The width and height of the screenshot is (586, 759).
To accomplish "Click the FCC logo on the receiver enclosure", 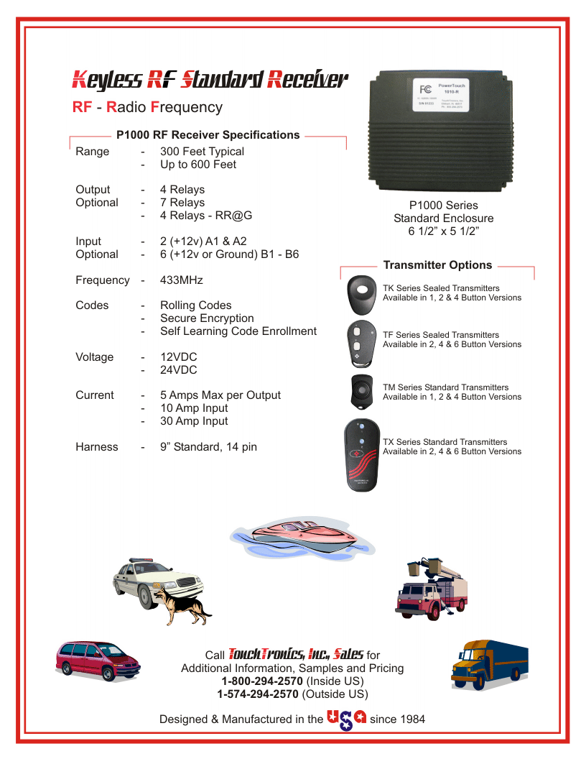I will (425, 90).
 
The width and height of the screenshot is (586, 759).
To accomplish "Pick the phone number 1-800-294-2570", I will (262, 681).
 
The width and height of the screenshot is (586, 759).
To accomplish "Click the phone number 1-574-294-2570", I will (258, 694).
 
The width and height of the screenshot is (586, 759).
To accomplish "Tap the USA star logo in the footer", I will (346, 719).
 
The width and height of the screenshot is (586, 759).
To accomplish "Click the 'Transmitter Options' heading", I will (437, 265).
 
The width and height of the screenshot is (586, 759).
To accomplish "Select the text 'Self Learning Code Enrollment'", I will (238, 331).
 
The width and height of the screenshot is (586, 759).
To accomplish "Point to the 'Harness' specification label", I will (97, 447).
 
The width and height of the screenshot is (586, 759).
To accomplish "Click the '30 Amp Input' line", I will (194, 421).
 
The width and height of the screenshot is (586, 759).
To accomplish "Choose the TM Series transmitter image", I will (363, 391).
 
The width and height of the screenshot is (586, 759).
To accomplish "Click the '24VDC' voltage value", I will (178, 370).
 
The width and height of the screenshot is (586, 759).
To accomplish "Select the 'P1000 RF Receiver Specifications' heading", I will (208, 135).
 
